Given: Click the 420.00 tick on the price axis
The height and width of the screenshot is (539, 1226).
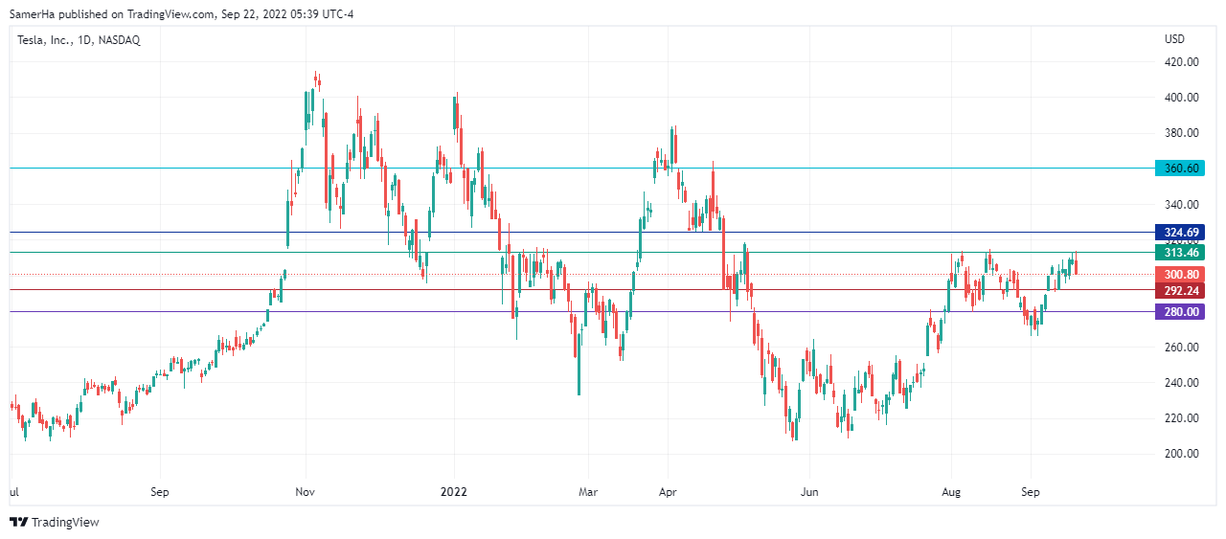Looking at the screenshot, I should (1181, 62).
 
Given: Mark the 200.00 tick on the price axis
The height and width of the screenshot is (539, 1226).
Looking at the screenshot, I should (1181, 454).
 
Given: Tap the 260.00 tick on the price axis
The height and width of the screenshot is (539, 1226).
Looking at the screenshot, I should (1181, 348).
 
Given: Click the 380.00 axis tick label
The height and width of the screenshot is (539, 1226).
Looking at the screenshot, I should (1181, 133).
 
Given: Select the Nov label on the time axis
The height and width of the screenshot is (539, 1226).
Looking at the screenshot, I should (306, 492).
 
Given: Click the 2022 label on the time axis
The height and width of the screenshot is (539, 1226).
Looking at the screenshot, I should (453, 492).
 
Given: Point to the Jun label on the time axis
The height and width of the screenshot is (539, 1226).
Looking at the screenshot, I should (810, 492).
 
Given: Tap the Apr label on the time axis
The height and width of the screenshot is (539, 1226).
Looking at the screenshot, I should (669, 492).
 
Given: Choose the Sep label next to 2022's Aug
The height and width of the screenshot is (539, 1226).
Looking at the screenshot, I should (1031, 492).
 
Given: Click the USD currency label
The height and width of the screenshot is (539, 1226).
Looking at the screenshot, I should (1174, 39).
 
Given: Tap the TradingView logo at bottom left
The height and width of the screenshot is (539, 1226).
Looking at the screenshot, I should (54, 522).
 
